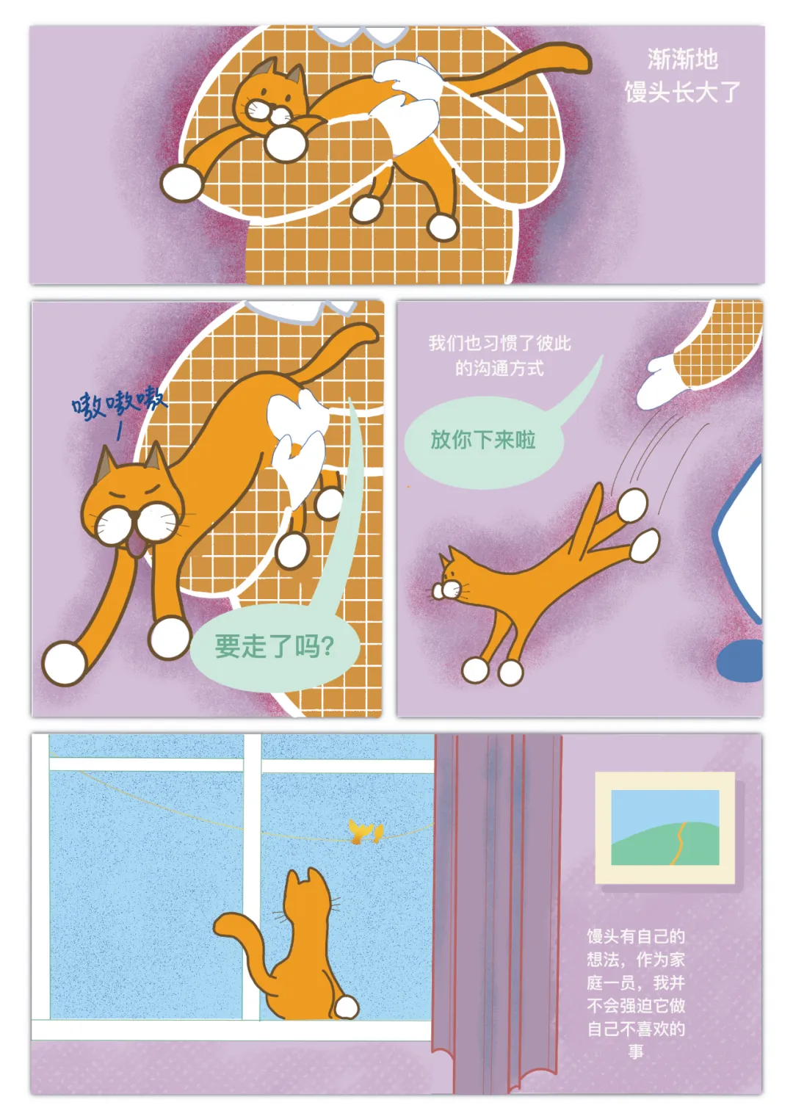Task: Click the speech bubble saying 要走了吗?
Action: (x=275, y=648)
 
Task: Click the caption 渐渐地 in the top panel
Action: (x=683, y=59)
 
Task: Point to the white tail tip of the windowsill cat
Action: (x=347, y=1007)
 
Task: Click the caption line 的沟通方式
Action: (x=499, y=368)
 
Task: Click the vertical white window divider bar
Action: (x=252, y=877)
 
